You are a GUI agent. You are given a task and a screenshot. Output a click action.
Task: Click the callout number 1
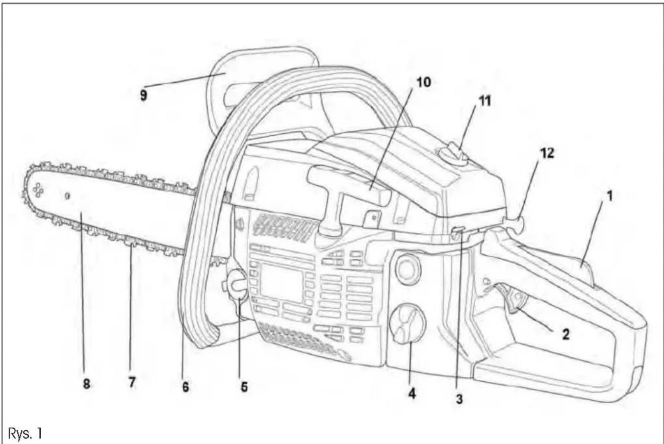(x=610, y=196)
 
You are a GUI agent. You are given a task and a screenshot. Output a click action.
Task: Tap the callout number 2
(x=565, y=334)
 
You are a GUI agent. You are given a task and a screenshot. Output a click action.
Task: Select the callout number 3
(x=459, y=399)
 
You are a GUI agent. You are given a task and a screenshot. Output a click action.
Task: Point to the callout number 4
(x=412, y=394)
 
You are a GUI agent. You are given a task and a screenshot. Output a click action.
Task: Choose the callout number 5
(x=244, y=387)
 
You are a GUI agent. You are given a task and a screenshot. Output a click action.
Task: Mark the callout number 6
(x=185, y=386)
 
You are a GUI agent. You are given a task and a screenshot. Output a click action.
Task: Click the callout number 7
(x=132, y=382)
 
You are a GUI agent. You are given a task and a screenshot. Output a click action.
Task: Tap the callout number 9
(x=144, y=96)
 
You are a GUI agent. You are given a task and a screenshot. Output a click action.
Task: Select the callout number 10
(x=424, y=82)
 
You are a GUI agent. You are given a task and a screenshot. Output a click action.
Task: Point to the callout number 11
(x=485, y=101)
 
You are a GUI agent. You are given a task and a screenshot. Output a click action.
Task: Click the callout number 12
(x=547, y=153)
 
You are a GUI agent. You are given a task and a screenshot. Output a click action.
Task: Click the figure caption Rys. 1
(x=25, y=434)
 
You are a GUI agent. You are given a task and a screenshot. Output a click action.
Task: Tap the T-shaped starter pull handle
(x=347, y=201)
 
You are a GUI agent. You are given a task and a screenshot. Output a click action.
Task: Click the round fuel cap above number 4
(x=408, y=324)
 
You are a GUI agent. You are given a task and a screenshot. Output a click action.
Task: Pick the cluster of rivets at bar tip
(x=38, y=190)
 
